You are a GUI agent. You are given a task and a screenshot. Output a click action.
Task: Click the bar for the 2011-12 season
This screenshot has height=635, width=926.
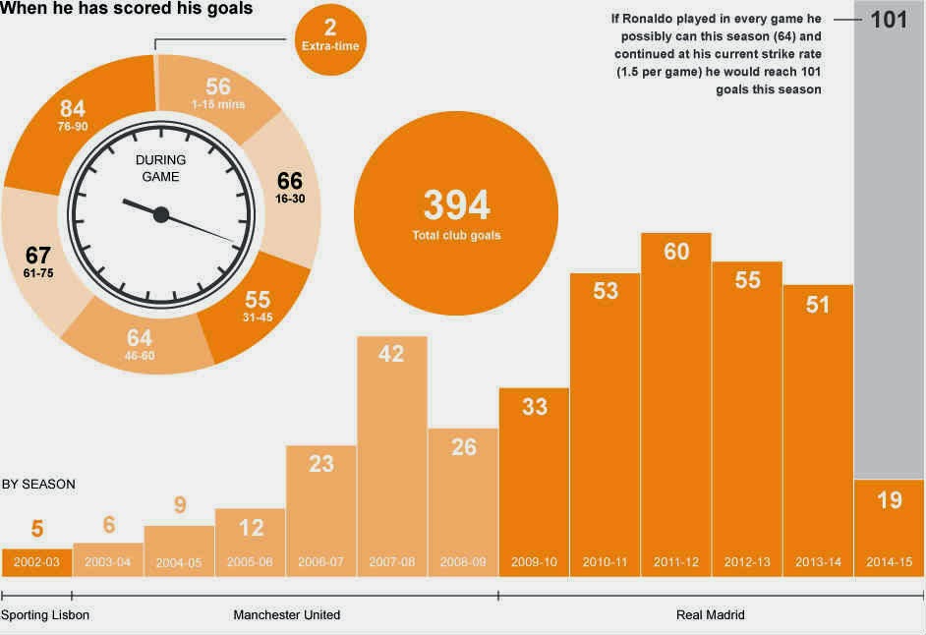tap(675, 403)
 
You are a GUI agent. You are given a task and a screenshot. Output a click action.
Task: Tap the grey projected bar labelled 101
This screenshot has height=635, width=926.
tap(889, 246)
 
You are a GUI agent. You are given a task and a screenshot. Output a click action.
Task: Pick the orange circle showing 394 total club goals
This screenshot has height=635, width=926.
tap(455, 215)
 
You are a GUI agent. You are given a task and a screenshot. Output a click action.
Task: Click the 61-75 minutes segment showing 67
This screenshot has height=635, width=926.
tap(36, 260)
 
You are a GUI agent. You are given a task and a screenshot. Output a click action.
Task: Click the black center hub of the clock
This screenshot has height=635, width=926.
tap(161, 214)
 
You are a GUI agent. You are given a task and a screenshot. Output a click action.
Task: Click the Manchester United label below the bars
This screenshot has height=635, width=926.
tap(286, 615)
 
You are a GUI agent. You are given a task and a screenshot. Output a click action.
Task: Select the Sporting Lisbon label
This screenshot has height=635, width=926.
tap(45, 615)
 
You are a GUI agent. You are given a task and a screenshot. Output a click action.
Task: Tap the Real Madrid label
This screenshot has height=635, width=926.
tap(711, 615)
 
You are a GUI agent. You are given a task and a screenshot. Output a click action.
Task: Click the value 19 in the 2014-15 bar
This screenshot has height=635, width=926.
tap(889, 500)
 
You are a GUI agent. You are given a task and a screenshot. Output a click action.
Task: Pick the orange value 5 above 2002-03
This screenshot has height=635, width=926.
tap(36, 529)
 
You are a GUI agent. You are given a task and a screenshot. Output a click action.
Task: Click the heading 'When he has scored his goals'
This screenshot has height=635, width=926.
tap(127, 10)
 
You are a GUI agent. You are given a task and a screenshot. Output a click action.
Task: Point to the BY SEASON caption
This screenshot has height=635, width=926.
tap(38, 485)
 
